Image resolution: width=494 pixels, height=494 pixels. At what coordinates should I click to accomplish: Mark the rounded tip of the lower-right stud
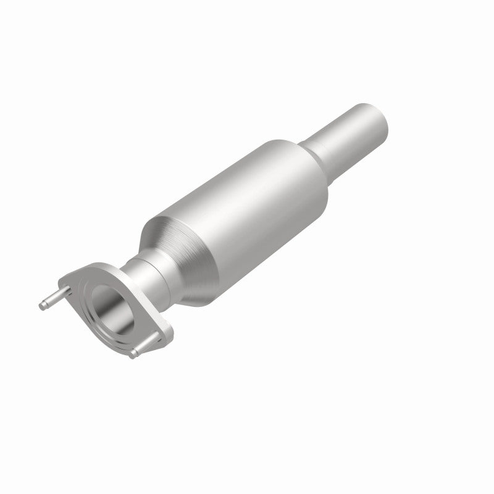click(x=133, y=353)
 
